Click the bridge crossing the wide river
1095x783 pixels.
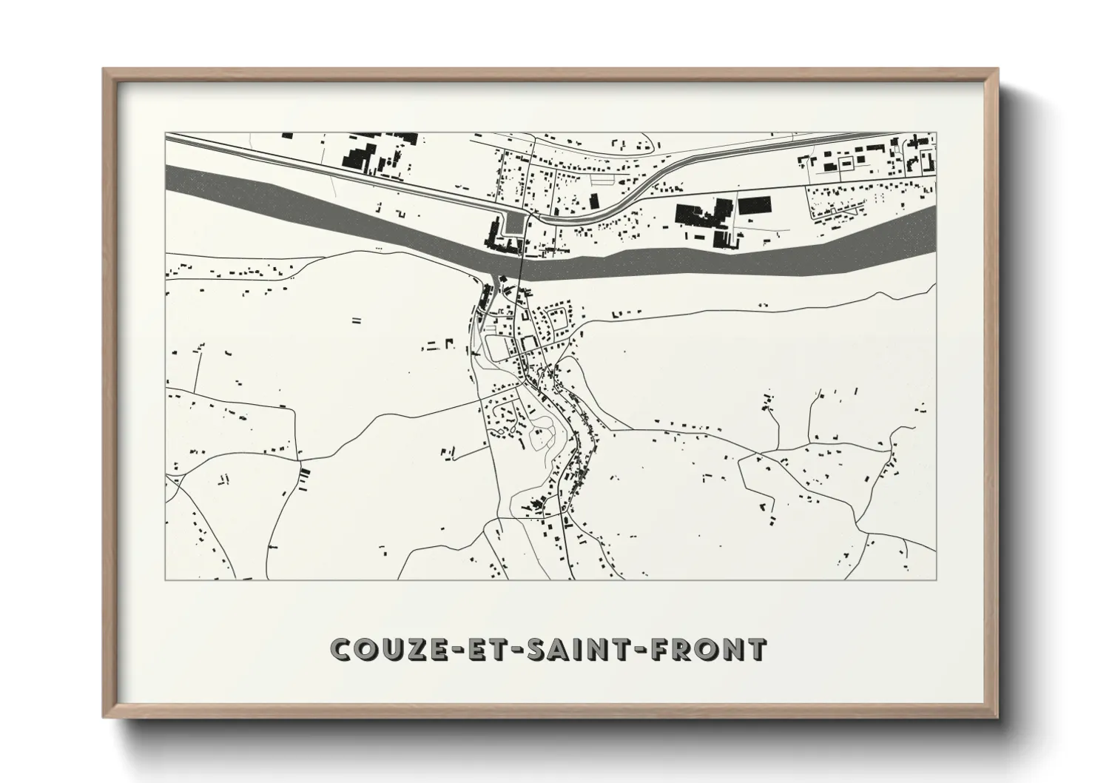pos(522,266)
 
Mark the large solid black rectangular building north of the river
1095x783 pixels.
pos(755,205)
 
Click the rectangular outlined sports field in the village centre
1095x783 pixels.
pos(498,346)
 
